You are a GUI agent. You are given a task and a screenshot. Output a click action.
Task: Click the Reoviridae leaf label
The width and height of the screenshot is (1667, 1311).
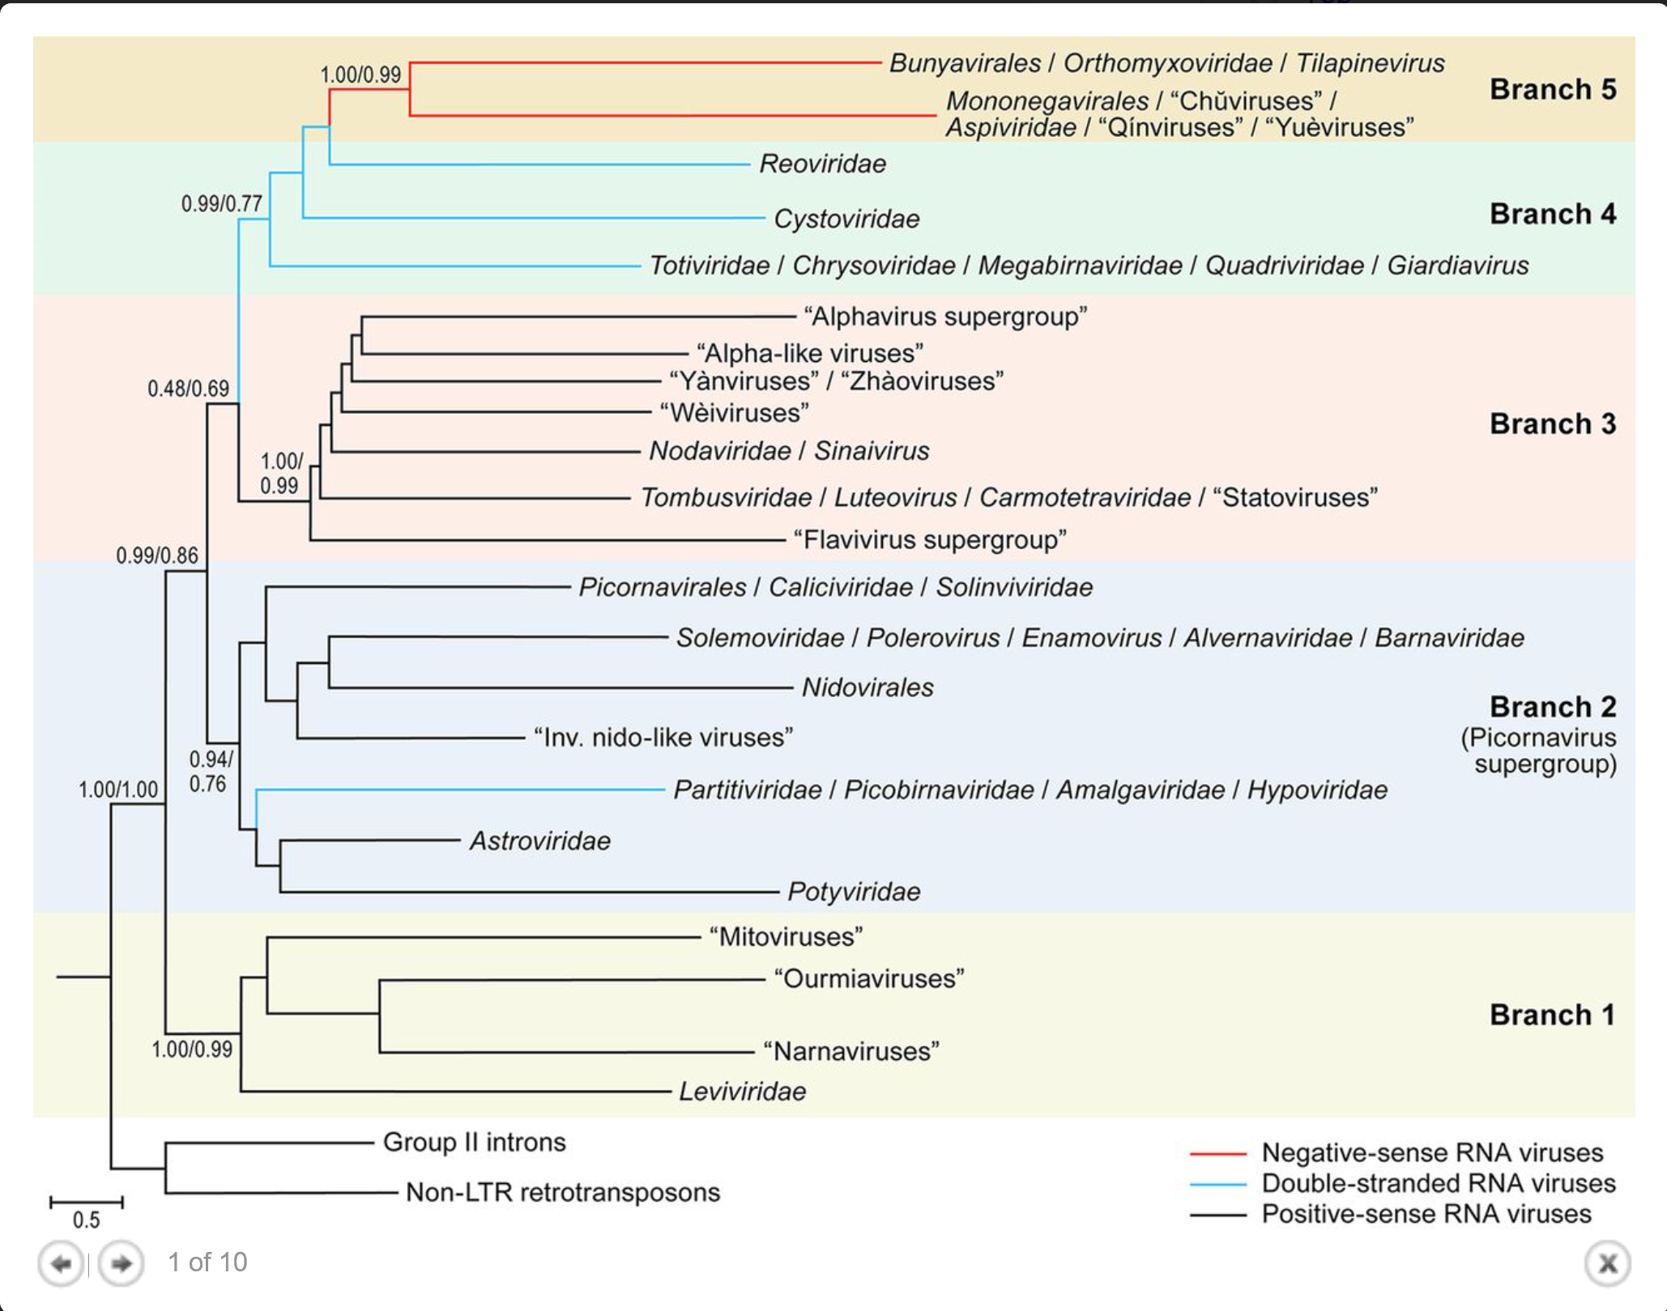click(x=822, y=164)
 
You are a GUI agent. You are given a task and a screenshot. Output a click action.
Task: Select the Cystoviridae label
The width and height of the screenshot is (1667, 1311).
click(x=846, y=219)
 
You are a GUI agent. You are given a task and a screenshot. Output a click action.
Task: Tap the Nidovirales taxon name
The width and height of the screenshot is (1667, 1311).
click(x=868, y=687)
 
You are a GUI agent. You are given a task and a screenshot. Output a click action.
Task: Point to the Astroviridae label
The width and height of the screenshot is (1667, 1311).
click(x=540, y=841)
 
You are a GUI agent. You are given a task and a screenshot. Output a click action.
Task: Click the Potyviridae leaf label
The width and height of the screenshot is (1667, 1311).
click(x=854, y=892)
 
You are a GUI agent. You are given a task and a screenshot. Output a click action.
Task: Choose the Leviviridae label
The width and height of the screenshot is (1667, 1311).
click(x=742, y=1092)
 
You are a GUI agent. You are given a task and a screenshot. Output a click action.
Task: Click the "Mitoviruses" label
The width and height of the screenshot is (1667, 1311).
click(x=786, y=937)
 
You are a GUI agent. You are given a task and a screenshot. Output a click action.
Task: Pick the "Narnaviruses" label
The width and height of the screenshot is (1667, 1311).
click(x=851, y=1051)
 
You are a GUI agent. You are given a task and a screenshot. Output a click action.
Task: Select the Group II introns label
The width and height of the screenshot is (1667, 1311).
click(x=474, y=1142)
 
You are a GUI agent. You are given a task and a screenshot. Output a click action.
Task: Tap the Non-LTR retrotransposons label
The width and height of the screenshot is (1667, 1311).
click(x=562, y=1192)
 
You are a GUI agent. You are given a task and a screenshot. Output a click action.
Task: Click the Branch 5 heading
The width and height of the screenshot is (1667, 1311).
click(x=1553, y=89)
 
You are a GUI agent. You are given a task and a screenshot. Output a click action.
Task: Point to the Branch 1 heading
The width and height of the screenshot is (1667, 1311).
click(x=1552, y=1015)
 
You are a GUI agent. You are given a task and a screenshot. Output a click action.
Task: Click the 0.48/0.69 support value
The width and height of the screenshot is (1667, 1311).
click(x=188, y=389)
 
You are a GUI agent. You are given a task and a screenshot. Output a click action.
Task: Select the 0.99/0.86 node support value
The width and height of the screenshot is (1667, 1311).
click(x=157, y=555)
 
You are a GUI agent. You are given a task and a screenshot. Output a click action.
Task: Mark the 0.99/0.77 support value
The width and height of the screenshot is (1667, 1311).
click(x=222, y=203)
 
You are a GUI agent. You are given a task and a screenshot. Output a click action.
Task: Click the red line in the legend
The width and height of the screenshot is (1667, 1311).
click(x=1217, y=1153)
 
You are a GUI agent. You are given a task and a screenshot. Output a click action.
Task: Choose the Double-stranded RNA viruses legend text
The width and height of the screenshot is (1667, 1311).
click(x=1439, y=1183)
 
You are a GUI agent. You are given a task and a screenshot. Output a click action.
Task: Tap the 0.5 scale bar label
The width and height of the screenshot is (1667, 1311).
click(x=86, y=1219)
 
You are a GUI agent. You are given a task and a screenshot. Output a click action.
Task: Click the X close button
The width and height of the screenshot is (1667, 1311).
click(x=1608, y=1263)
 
